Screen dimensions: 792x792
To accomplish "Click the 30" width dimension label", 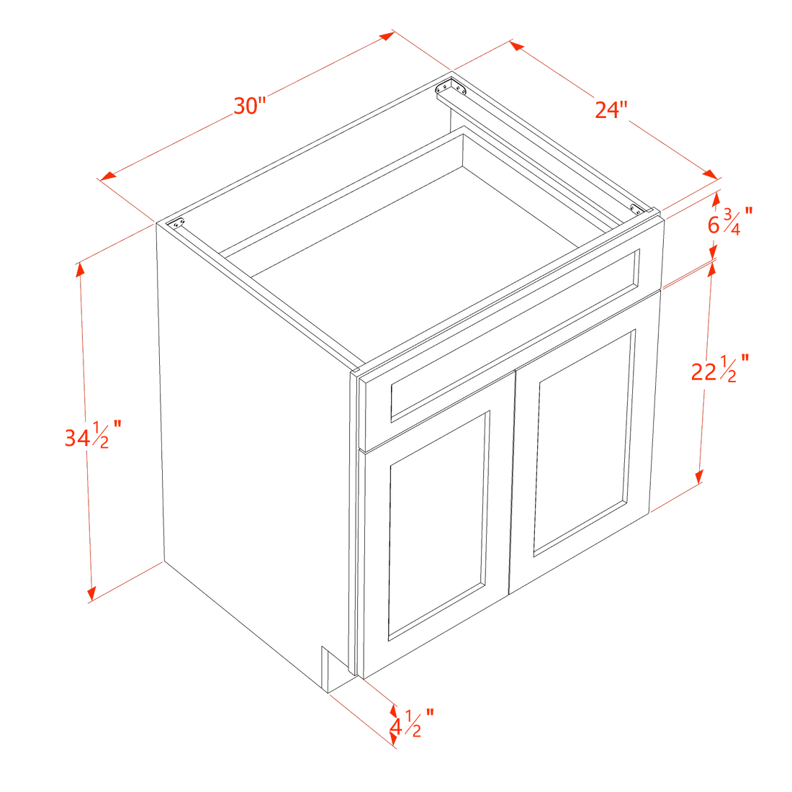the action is click(250, 106).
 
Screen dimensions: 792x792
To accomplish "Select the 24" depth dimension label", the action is click(611, 109).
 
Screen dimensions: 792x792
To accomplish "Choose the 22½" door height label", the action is click(720, 369).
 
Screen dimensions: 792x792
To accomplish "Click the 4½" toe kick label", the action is click(412, 724).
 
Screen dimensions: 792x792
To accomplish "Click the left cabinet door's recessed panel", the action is click(438, 526).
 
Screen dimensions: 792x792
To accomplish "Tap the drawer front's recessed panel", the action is click(515, 335).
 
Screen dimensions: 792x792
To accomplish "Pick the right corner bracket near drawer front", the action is click(636, 209).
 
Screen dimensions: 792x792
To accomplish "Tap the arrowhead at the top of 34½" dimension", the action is click(80, 270).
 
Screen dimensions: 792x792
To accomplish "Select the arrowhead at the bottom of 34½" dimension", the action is click(91, 595).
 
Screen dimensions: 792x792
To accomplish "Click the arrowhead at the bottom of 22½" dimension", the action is click(700, 477).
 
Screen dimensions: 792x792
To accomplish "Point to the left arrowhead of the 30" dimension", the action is click(108, 176).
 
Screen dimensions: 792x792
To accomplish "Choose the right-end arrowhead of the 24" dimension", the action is click(710, 174).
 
